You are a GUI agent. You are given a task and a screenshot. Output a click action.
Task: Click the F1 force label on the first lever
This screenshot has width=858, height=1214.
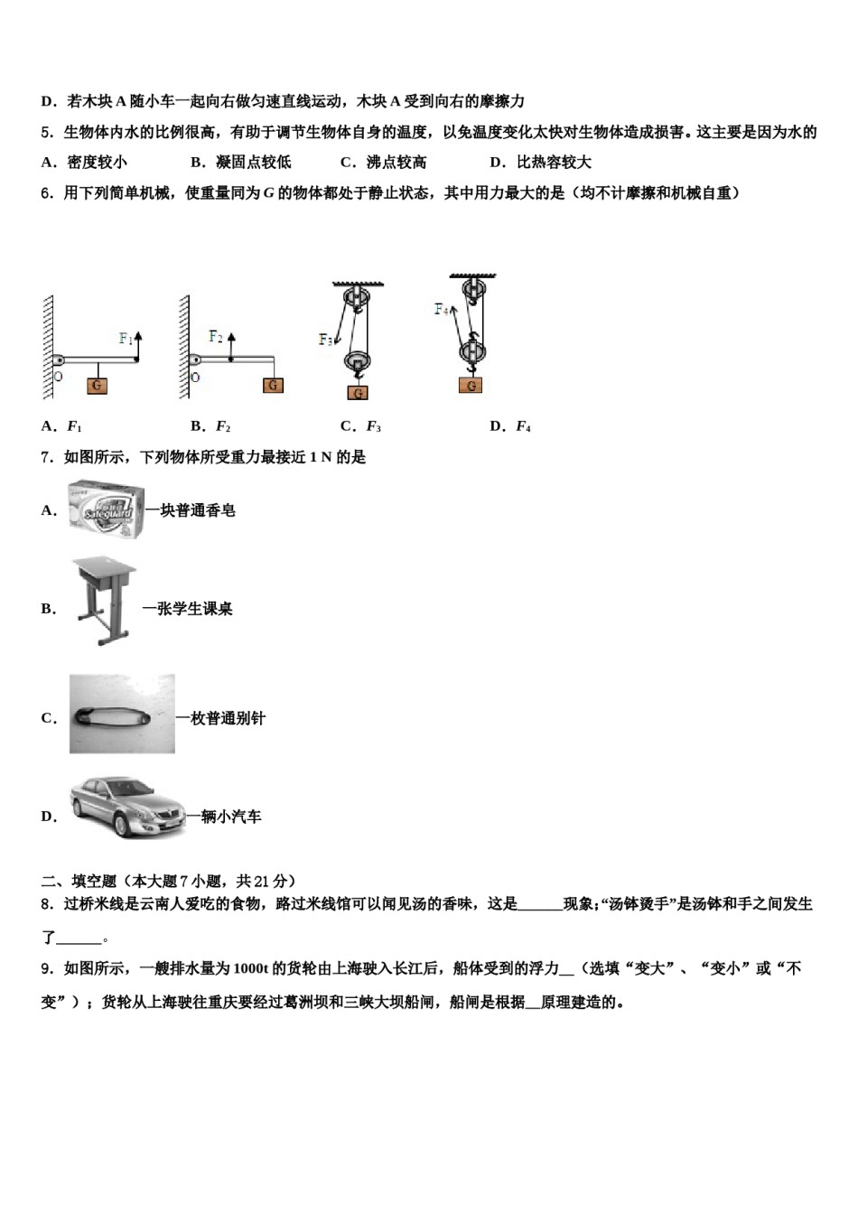[x=126, y=340]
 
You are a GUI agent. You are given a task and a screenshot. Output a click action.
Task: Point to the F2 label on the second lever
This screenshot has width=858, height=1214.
[x=215, y=337]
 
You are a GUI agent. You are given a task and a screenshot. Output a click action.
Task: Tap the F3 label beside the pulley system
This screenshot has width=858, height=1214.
[x=325, y=341]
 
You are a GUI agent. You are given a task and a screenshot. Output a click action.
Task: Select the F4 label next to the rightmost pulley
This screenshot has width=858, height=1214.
[x=441, y=310]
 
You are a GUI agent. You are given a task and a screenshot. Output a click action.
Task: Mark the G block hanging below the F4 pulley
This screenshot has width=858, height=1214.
[x=470, y=386]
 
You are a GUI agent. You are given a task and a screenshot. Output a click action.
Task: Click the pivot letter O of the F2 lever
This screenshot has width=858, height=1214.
[x=194, y=377]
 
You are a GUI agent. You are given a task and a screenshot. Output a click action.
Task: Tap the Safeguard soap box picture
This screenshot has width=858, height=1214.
[x=107, y=509]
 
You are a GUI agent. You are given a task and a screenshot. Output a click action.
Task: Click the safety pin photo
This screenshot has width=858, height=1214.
[x=122, y=714]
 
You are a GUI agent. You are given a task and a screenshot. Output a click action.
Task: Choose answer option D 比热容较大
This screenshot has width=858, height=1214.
[x=540, y=163]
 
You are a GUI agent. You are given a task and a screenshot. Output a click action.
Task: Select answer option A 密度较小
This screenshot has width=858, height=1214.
[x=84, y=163]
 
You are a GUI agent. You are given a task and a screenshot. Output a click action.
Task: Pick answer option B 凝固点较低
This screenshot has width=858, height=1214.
[x=241, y=163]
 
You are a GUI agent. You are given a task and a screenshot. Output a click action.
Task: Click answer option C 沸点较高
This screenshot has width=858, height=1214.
[x=384, y=163]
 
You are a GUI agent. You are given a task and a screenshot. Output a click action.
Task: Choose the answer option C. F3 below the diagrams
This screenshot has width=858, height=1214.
[x=361, y=426]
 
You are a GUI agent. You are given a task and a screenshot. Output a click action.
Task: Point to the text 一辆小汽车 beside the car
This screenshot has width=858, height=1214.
[x=224, y=817]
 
